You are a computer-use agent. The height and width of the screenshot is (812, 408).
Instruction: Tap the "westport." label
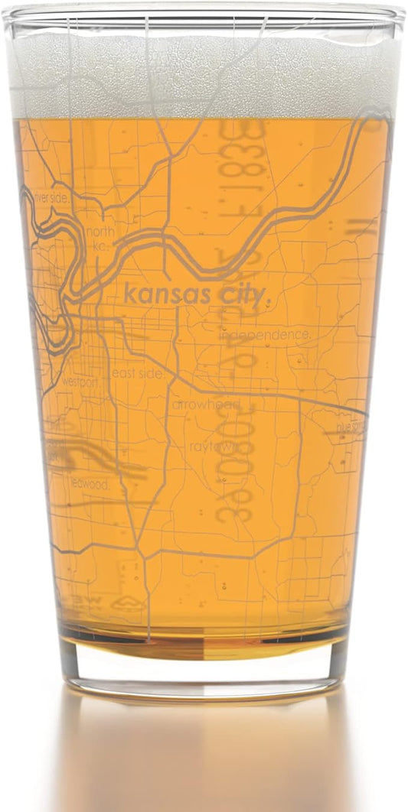tap(80, 381)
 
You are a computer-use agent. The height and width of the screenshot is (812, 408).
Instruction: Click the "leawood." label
tap(90, 482)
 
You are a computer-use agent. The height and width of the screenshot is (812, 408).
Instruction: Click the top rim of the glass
tap(204, 14)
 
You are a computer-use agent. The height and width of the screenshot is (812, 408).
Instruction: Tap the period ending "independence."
tap(310, 337)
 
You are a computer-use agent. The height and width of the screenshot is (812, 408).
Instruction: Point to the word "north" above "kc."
tap(100, 232)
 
